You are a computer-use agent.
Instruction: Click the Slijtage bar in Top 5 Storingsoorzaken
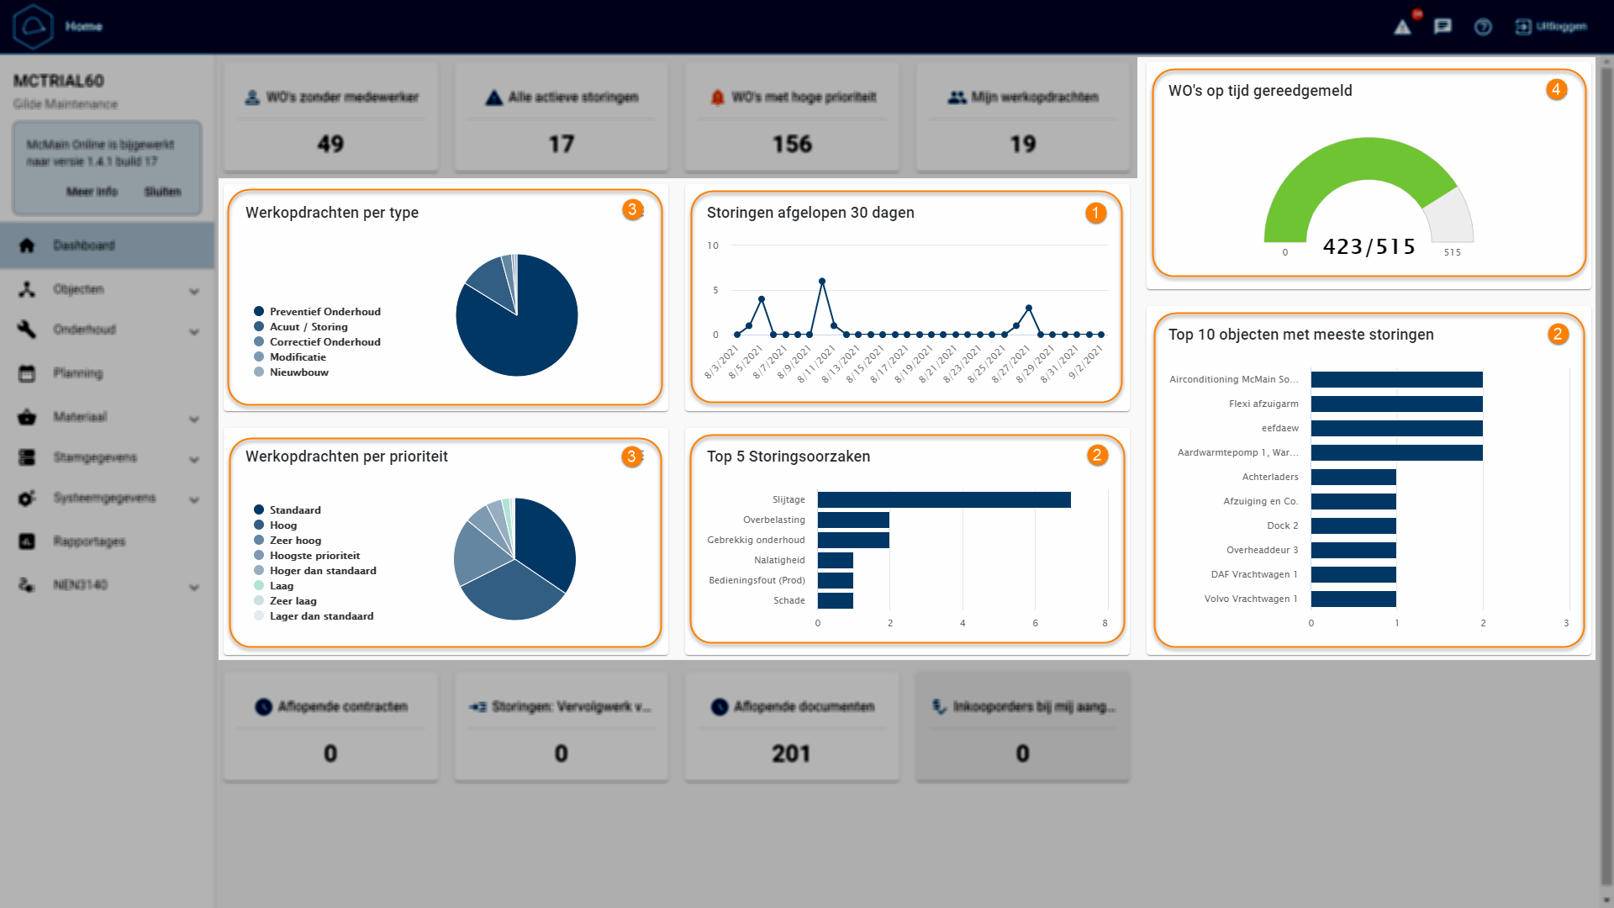pos(943,500)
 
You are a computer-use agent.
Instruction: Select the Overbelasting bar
pos(852,520)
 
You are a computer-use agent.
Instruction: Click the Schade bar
pos(835,601)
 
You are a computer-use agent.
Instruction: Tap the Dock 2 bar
pos(1353,526)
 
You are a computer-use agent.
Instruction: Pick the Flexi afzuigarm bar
pos(1395,404)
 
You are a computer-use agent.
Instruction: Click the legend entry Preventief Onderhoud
pos(324,312)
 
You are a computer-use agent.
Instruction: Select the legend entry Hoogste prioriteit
pos(314,556)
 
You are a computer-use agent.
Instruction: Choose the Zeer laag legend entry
pos(293,601)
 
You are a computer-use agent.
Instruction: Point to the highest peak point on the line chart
pos(821,282)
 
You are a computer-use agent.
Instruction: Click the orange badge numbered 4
pos(1555,90)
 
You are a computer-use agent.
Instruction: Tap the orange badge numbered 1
pos(1094,214)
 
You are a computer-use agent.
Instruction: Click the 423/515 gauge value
pos(1369,247)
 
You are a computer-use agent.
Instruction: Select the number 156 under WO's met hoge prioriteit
pos(792,145)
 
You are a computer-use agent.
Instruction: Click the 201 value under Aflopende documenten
pos(791,753)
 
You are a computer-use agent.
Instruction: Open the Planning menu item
pos(78,373)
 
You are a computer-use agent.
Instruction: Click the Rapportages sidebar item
pos(89,541)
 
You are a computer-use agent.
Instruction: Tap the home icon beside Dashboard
pos(27,245)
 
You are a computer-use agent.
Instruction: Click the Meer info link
pos(92,192)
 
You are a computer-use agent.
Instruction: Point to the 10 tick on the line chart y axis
pos(713,245)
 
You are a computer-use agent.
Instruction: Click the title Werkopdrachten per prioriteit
pos(346,457)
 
